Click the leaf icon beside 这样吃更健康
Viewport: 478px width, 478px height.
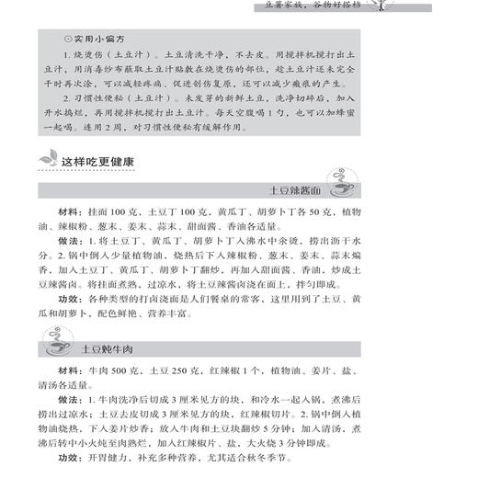pos(48,163)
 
